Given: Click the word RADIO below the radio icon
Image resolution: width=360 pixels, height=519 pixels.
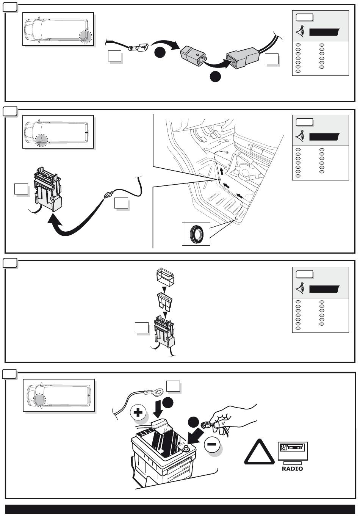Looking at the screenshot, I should [x=292, y=469].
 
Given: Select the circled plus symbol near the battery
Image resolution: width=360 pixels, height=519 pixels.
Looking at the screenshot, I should [x=138, y=412].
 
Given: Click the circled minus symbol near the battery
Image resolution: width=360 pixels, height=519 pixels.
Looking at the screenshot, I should [x=213, y=444].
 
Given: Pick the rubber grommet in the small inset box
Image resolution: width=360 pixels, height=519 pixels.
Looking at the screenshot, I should [x=196, y=234].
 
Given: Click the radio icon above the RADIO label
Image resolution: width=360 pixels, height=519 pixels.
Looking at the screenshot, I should [x=293, y=451].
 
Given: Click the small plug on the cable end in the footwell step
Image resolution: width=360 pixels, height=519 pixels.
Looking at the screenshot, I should [x=108, y=195].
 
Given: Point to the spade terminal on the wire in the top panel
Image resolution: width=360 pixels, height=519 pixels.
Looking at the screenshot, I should [x=136, y=48].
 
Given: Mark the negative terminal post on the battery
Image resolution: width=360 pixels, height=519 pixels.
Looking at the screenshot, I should [x=186, y=448].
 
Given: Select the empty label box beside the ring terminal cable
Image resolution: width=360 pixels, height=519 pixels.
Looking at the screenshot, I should [x=174, y=386].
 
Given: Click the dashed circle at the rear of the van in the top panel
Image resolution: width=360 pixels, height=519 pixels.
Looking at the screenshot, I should [x=85, y=36].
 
